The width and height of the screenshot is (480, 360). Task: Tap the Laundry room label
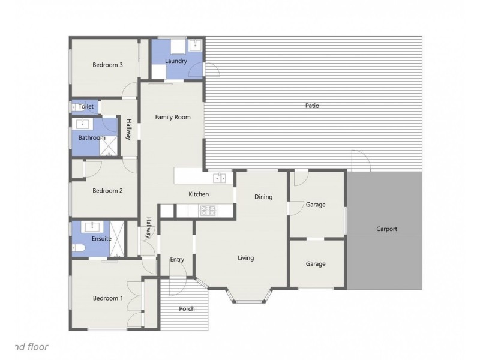click(x=176, y=61)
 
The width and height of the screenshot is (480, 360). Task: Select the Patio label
click(x=311, y=106)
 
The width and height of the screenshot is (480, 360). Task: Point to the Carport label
click(x=386, y=229)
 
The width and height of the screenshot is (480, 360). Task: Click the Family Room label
click(x=173, y=117)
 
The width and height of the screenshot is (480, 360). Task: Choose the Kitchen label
click(x=199, y=194)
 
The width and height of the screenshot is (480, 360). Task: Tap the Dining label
click(x=263, y=197)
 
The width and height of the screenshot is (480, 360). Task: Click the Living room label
click(x=245, y=258)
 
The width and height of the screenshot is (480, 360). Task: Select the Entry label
click(x=177, y=259)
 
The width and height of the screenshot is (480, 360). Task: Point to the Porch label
click(x=187, y=309)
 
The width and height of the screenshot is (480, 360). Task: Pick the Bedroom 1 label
click(x=107, y=298)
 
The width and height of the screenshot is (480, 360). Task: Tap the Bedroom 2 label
click(x=107, y=191)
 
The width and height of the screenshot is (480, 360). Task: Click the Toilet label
click(x=86, y=106)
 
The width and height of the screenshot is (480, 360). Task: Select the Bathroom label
click(x=88, y=137)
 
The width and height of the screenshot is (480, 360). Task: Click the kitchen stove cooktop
click(x=208, y=210)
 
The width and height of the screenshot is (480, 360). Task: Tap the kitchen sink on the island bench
click(x=220, y=178)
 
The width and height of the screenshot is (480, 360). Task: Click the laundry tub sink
click(x=195, y=46)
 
